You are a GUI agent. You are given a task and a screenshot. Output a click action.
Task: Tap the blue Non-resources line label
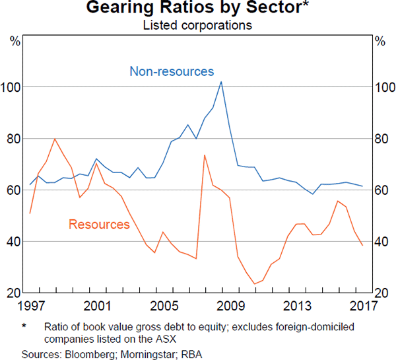tap(172, 71)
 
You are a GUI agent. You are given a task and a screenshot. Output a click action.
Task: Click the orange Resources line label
tap(99, 225)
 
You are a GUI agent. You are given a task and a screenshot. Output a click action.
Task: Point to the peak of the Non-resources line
tap(220, 82)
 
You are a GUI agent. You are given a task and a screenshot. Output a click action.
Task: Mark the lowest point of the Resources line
tap(254, 284)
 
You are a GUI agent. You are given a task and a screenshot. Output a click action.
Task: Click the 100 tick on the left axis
tap(13, 87)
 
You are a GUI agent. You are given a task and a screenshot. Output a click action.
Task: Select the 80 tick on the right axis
tap(381, 139)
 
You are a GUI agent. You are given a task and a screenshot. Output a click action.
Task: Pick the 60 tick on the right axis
tap(381, 190)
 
